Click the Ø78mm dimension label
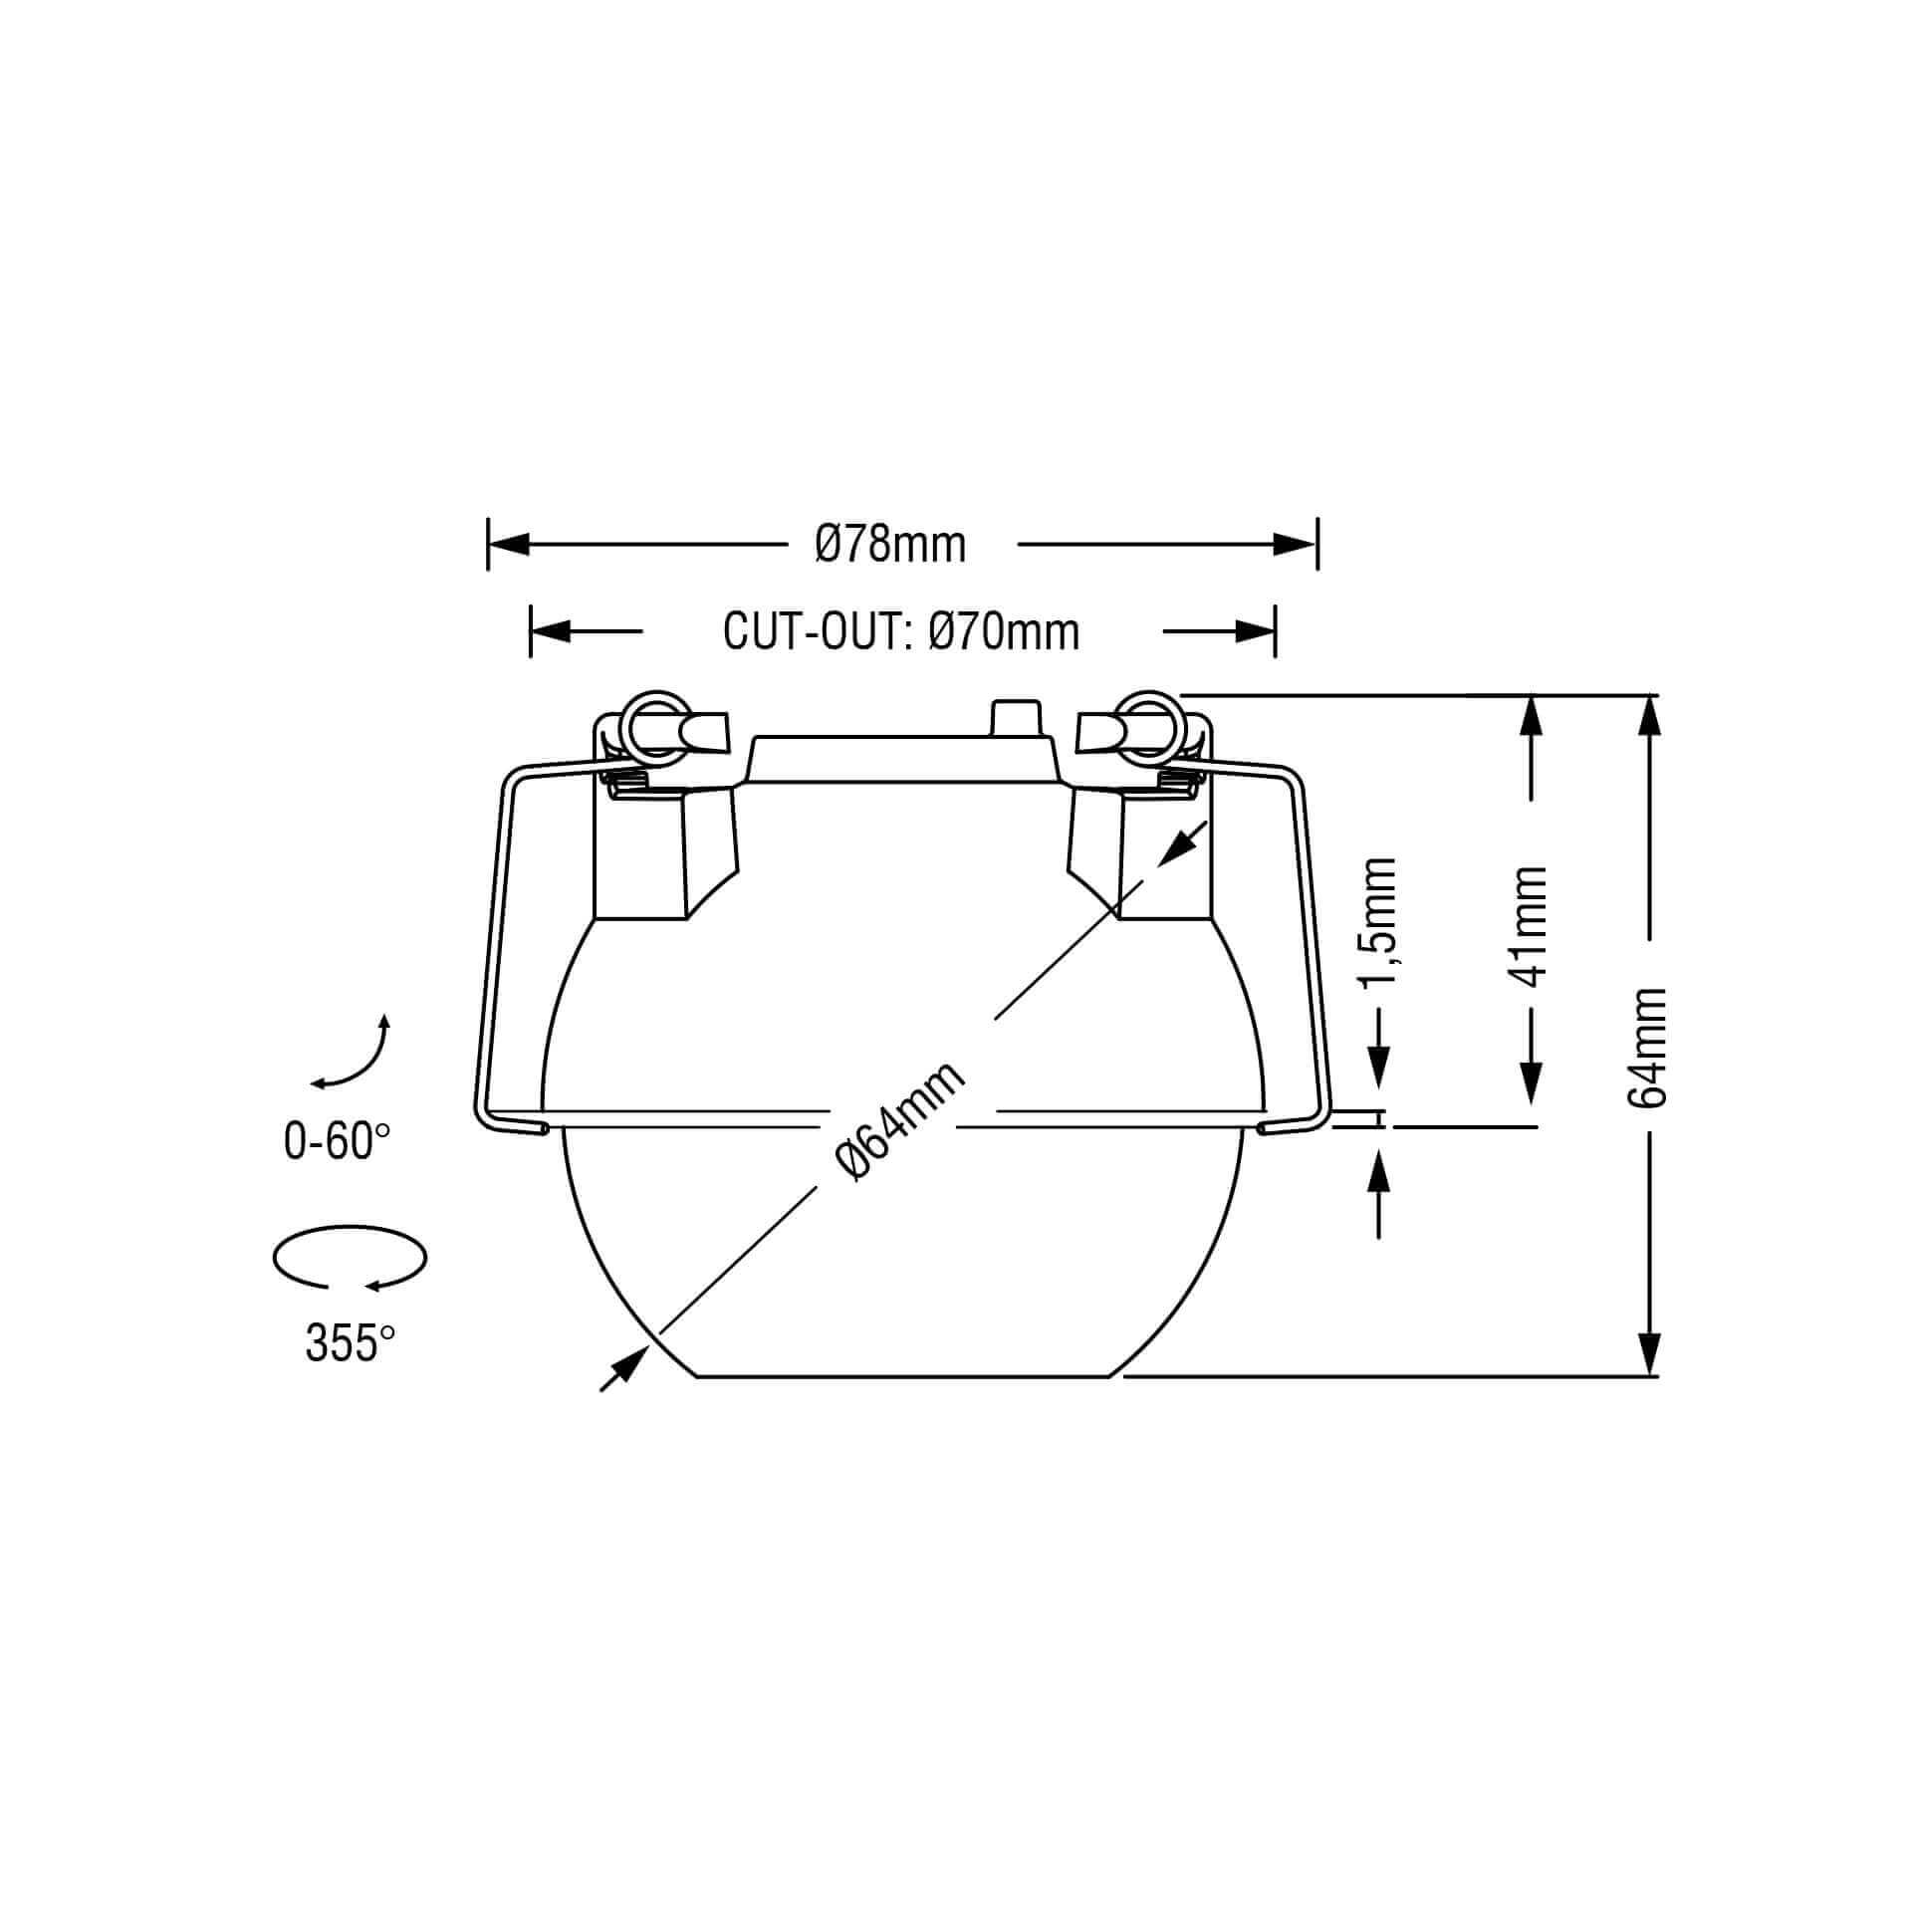pyautogui.click(x=890, y=545)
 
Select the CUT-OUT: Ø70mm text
pyautogui.click(x=901, y=631)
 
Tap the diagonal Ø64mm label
pyautogui.click(x=902, y=1121)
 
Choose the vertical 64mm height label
pyautogui.click(x=1648, y=1047)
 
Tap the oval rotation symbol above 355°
pyautogui.click(x=350, y=1260)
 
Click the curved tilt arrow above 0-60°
pyautogui.click(x=354, y=1056)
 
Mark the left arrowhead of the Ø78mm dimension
pyautogui.click(x=508, y=545)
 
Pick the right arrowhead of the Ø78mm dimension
pyautogui.click(x=1297, y=545)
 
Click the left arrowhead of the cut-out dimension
pyautogui.click(x=550, y=631)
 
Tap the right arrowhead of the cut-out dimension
pyautogui.click(x=1255, y=631)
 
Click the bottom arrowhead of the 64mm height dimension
pyautogui.click(x=1650, y=1355)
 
